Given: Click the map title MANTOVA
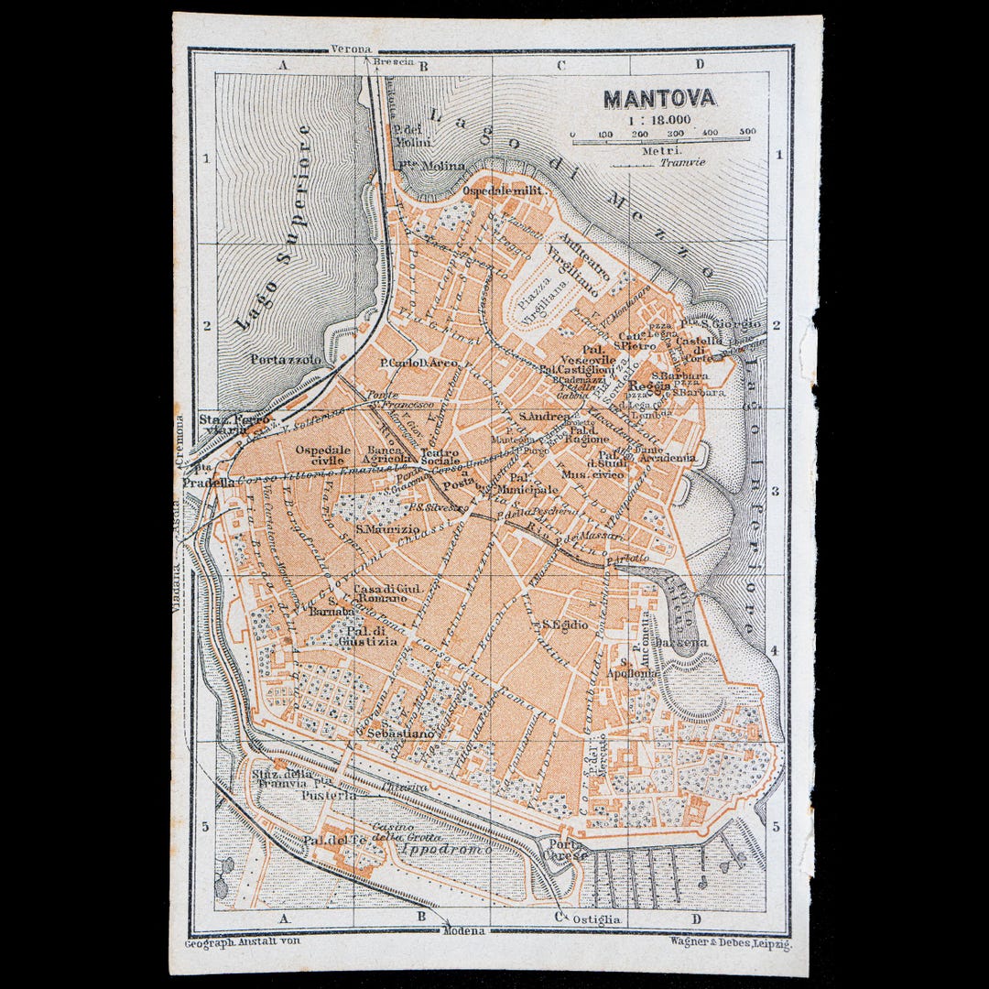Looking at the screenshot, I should point(658,98).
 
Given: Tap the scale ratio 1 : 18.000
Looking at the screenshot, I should point(658,119).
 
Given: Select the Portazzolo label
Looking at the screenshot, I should point(286,360).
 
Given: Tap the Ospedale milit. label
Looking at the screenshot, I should point(503,190).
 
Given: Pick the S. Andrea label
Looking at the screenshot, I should point(544,417).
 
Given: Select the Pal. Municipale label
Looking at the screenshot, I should point(533,484).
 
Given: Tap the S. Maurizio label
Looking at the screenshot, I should point(388,528).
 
